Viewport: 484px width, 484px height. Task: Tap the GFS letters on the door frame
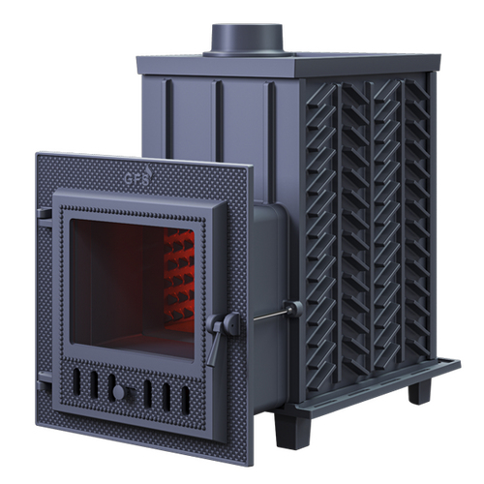(x=136, y=178)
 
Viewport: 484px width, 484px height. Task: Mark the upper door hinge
(x=45, y=214)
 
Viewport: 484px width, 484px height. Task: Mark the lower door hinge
(x=44, y=380)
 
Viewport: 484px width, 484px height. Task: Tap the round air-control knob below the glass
(x=118, y=392)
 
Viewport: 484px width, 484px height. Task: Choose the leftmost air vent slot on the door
(x=76, y=381)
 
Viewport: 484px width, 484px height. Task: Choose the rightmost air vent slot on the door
(x=186, y=400)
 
